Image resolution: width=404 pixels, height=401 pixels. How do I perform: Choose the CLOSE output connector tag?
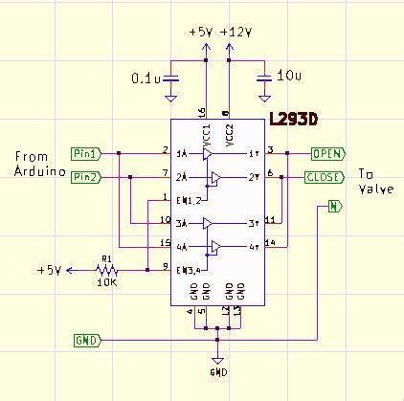325,177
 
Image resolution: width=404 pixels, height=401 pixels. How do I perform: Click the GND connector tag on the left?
85,340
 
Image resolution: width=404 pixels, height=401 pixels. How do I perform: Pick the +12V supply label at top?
236,32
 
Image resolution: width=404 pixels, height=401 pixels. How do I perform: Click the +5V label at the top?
202,32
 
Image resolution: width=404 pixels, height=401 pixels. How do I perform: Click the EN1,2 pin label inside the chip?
189,199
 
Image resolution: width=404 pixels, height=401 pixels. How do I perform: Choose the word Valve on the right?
374,189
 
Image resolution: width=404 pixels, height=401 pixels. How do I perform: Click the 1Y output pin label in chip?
253,153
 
